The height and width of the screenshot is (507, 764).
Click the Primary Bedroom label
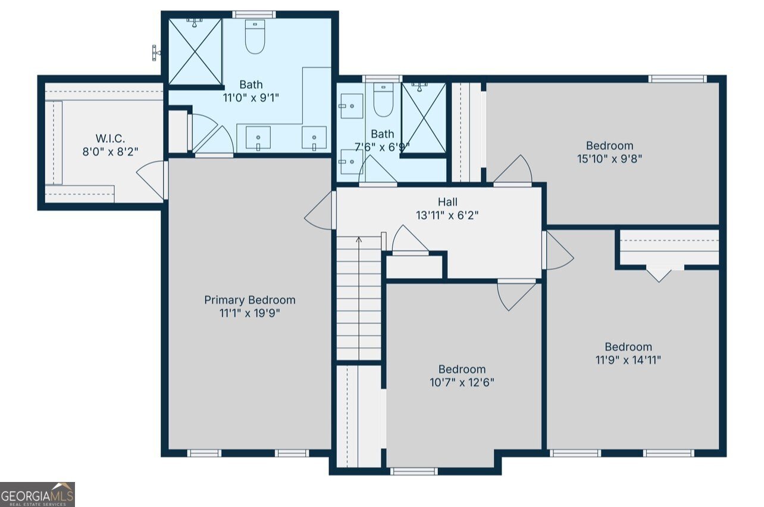tap(250, 300)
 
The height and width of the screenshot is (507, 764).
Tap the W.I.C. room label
tap(110, 138)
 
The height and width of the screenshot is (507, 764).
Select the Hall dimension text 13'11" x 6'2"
tap(447, 216)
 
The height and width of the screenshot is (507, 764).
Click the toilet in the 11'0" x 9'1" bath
tap(255, 36)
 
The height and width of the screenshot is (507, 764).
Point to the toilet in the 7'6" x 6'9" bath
tap(383, 100)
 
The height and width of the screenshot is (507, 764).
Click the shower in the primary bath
tap(195, 52)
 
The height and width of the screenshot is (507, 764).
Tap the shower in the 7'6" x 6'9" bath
tap(424, 118)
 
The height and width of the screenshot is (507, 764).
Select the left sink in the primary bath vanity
tap(258, 138)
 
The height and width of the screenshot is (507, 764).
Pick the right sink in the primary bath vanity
tap(314, 138)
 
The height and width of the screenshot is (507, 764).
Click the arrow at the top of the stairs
tap(359, 239)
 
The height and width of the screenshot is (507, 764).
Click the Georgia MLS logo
tap(37, 494)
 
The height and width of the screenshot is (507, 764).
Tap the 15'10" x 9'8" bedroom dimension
tap(609, 159)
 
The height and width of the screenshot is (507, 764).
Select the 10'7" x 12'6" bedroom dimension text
tap(462, 382)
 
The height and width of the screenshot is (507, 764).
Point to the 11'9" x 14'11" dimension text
tap(628, 360)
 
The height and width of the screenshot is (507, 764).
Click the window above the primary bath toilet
tap(254, 14)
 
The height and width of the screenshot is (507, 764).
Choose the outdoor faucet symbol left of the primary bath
tap(155, 53)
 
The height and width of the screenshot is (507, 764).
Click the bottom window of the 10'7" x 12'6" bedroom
tap(414, 471)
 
